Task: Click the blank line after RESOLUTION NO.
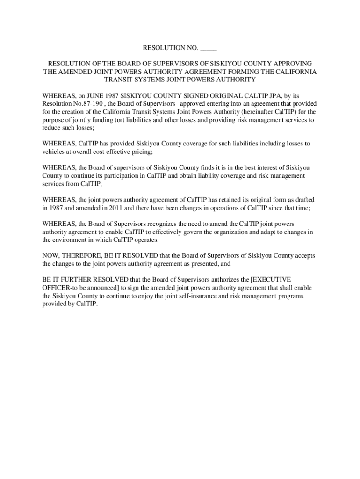pyautogui.click(x=209, y=48)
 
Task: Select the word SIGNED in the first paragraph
pyautogui.click(x=177, y=95)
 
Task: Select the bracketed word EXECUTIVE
pyautogui.click(x=271, y=280)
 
